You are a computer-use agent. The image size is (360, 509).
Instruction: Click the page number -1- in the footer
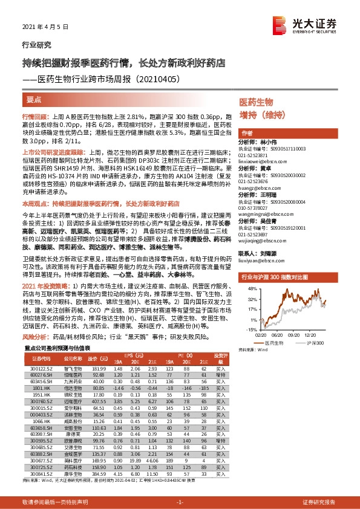click(180, 502)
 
